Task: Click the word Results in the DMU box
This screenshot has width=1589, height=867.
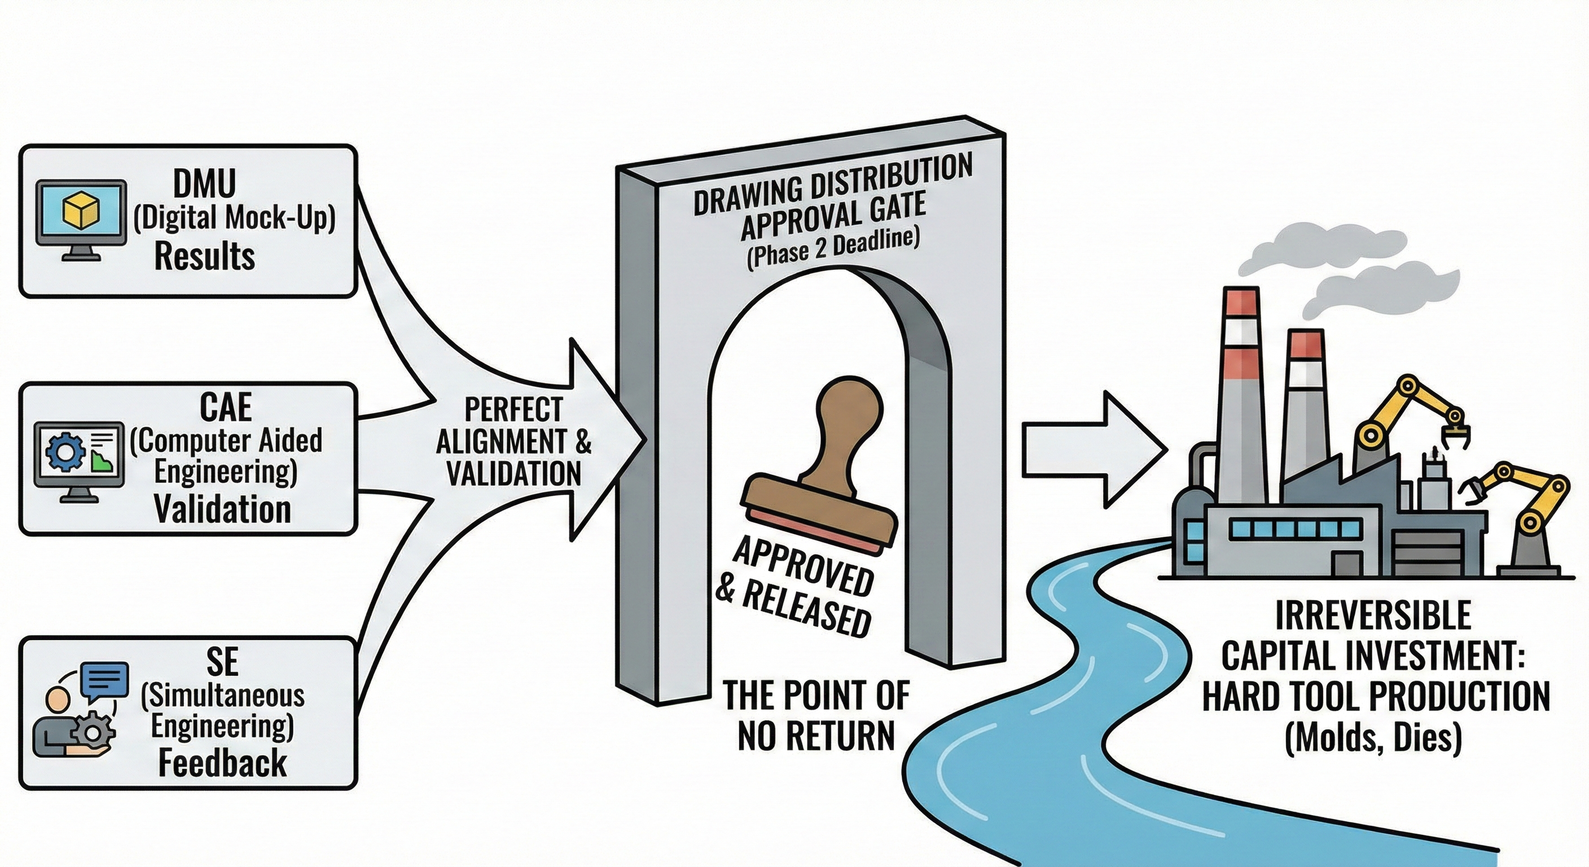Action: [x=204, y=257]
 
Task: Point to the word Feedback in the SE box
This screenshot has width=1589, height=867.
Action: [x=222, y=763]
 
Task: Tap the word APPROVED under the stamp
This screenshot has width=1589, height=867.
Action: [x=802, y=567]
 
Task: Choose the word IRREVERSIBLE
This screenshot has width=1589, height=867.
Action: [x=1372, y=615]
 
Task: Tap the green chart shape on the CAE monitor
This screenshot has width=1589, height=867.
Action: [x=98, y=459]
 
